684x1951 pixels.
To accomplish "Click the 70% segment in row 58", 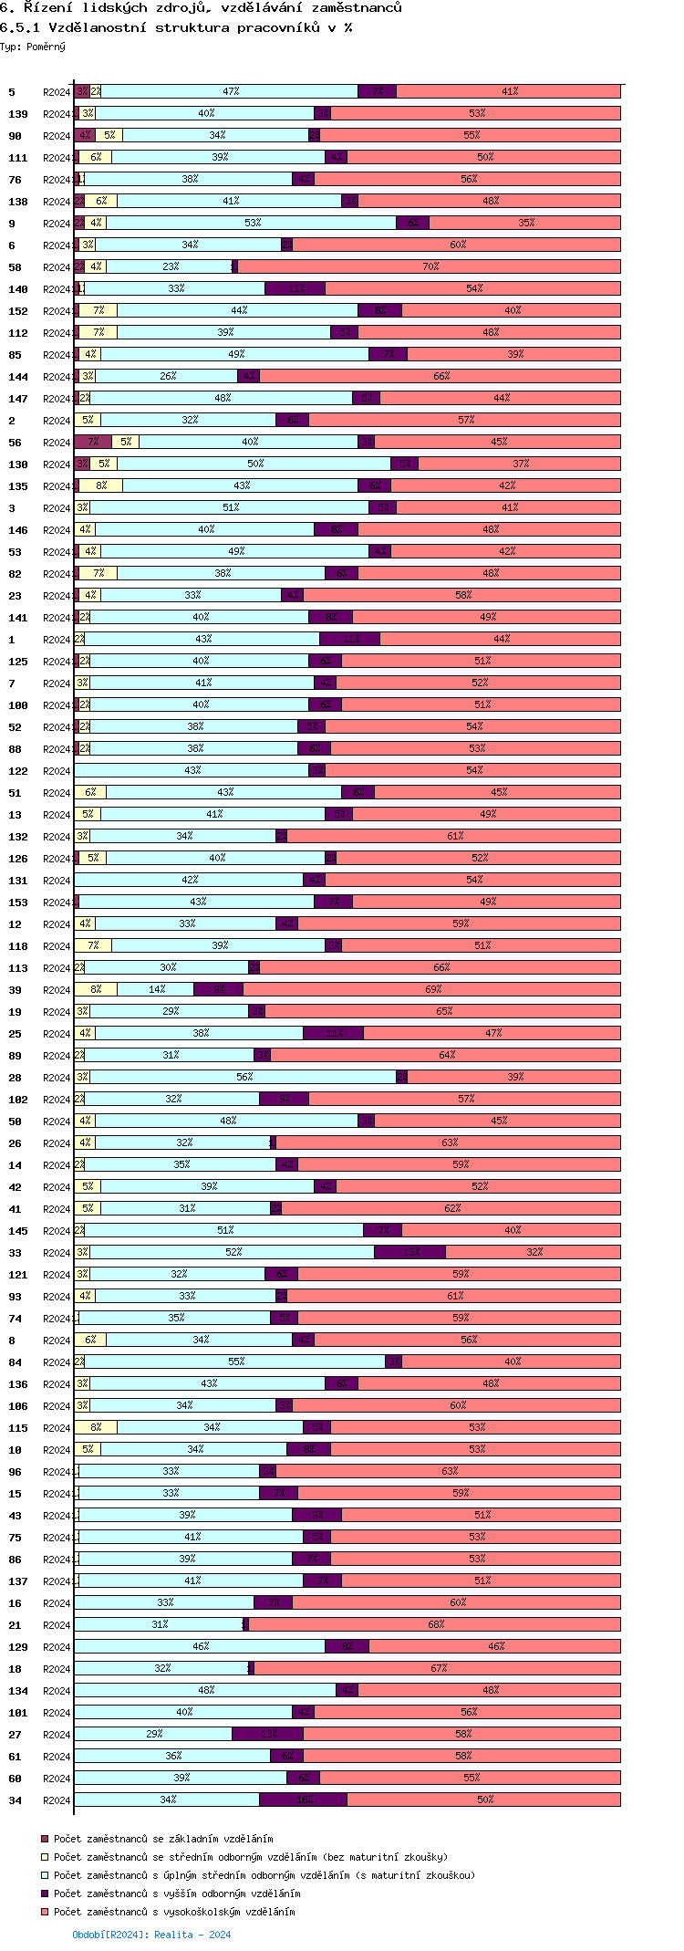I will [429, 266].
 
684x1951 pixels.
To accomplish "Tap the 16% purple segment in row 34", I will [303, 1800].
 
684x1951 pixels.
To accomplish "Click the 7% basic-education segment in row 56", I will [93, 442].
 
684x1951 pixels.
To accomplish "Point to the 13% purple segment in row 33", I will [409, 1252].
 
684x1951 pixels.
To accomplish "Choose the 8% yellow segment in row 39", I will [96, 989].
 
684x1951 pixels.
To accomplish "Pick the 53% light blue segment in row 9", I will [252, 223].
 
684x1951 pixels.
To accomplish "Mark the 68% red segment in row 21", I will [434, 1624].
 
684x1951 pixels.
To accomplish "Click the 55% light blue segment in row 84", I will [235, 1362].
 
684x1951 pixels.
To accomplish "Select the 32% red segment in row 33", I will [533, 1252].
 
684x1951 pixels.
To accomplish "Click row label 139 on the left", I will [18, 114].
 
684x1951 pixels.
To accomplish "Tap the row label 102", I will [18, 1100].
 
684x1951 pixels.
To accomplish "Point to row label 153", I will [18, 902].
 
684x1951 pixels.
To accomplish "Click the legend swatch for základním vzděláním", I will [44, 1839].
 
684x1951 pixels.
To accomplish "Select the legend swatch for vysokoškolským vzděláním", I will [44, 1912].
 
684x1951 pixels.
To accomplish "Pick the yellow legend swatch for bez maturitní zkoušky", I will [44, 1857].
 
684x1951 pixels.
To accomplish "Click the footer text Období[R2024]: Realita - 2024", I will [151, 1935].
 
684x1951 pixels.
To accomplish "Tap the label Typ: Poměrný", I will [33, 47].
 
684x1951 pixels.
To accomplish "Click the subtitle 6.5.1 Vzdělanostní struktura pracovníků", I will [176, 27].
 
